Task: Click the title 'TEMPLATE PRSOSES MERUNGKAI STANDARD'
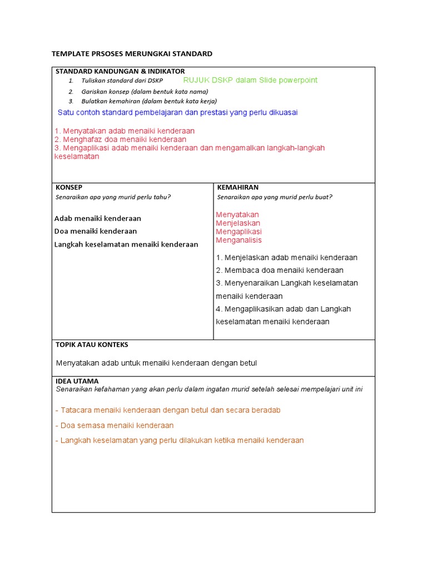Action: tap(132, 54)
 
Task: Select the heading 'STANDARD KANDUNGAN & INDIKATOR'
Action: tap(120, 71)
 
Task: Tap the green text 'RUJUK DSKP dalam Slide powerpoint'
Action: tap(250, 80)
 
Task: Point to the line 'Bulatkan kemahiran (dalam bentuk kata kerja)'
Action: tap(149, 101)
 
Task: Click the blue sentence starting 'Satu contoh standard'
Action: tap(177, 112)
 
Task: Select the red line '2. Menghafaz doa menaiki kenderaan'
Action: tap(121, 139)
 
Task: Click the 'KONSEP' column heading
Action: tap(69, 188)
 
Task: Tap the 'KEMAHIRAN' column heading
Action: tap(237, 188)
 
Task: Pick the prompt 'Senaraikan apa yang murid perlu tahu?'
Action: tap(113, 197)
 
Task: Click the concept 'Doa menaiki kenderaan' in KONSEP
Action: tap(96, 231)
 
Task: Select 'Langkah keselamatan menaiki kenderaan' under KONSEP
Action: tap(126, 244)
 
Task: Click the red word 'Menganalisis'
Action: tap(239, 240)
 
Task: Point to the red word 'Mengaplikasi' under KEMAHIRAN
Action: tap(239, 232)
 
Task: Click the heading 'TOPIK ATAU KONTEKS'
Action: tap(92, 345)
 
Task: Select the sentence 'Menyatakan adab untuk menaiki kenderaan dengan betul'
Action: tap(156, 363)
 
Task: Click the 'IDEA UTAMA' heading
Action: tap(77, 381)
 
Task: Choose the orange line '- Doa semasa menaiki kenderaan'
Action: tap(114, 425)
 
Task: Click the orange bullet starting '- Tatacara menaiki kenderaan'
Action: tap(167, 410)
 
